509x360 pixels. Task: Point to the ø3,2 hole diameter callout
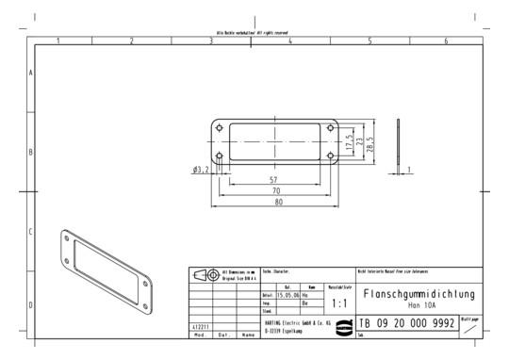[x=201, y=169]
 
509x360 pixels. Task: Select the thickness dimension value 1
[x=408, y=170]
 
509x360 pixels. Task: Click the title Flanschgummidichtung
[x=419, y=294]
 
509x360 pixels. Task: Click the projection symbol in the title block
[x=206, y=275]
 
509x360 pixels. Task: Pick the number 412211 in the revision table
[x=201, y=326]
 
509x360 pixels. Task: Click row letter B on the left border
[x=32, y=152]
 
